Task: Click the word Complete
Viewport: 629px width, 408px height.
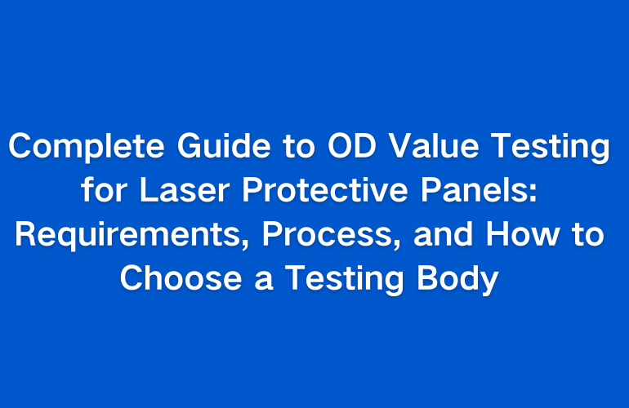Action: click(87, 147)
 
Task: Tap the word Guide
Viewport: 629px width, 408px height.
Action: click(224, 145)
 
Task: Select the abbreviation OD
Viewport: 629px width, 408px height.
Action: click(352, 145)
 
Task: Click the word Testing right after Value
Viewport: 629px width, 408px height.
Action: click(551, 147)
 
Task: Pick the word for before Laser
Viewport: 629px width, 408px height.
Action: click(105, 189)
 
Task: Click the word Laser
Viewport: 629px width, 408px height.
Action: click(185, 189)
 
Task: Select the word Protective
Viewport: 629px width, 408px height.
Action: click(325, 189)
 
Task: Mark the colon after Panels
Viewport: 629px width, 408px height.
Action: click(533, 193)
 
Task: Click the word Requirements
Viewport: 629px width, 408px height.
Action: click(127, 235)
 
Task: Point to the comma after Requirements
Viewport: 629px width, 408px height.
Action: click(245, 244)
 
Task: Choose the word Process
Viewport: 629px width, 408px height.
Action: click(327, 235)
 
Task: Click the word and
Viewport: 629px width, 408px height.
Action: click(444, 233)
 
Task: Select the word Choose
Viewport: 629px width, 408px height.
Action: click(181, 277)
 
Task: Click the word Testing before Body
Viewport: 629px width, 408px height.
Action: click(344, 280)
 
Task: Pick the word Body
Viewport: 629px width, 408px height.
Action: click(457, 280)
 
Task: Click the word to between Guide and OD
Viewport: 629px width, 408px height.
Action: click(299, 146)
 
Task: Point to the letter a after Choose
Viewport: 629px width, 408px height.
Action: click(264, 282)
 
